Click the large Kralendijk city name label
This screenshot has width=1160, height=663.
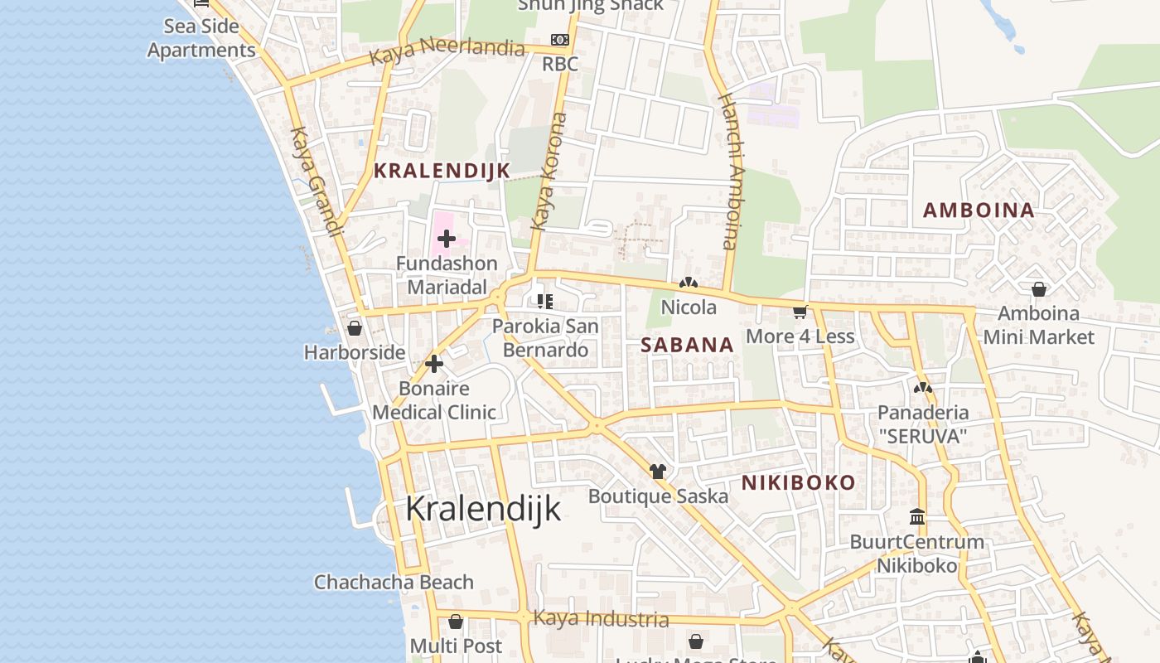tap(483, 509)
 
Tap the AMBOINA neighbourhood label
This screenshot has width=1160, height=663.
tap(979, 211)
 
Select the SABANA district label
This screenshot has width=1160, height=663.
tap(688, 345)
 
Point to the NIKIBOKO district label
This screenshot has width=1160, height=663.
tap(798, 483)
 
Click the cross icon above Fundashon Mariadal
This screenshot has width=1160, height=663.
tap(447, 240)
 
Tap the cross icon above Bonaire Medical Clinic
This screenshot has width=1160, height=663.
tap(434, 364)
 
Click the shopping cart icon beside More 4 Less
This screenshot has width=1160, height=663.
tap(800, 312)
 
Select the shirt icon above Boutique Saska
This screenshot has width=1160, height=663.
tap(658, 472)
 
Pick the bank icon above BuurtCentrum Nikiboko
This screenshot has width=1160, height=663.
tap(917, 517)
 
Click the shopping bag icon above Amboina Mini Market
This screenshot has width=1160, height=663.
tap(1038, 289)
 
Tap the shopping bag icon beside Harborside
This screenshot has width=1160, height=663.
tap(355, 328)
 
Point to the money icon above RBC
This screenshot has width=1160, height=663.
tap(560, 40)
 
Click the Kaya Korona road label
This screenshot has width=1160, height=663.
tap(549, 172)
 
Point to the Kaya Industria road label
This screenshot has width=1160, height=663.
tap(601, 618)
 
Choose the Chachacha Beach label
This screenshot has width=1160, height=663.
tap(394, 582)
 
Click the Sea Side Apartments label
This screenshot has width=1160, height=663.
tap(201, 38)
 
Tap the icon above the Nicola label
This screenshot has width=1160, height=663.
tap(688, 283)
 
